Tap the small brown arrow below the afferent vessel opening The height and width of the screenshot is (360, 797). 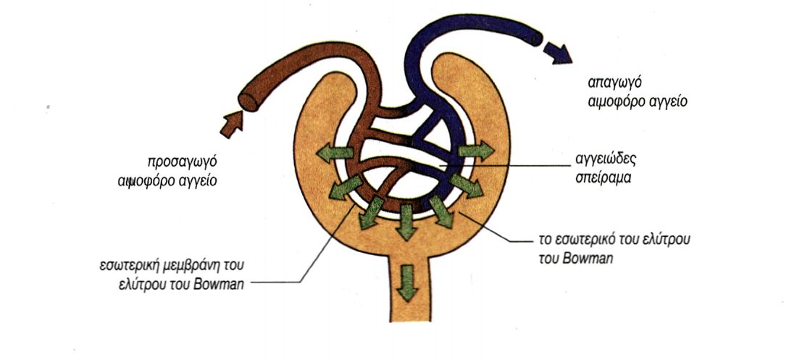tap(231, 124)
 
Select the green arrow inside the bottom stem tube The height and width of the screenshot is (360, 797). tap(408, 282)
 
